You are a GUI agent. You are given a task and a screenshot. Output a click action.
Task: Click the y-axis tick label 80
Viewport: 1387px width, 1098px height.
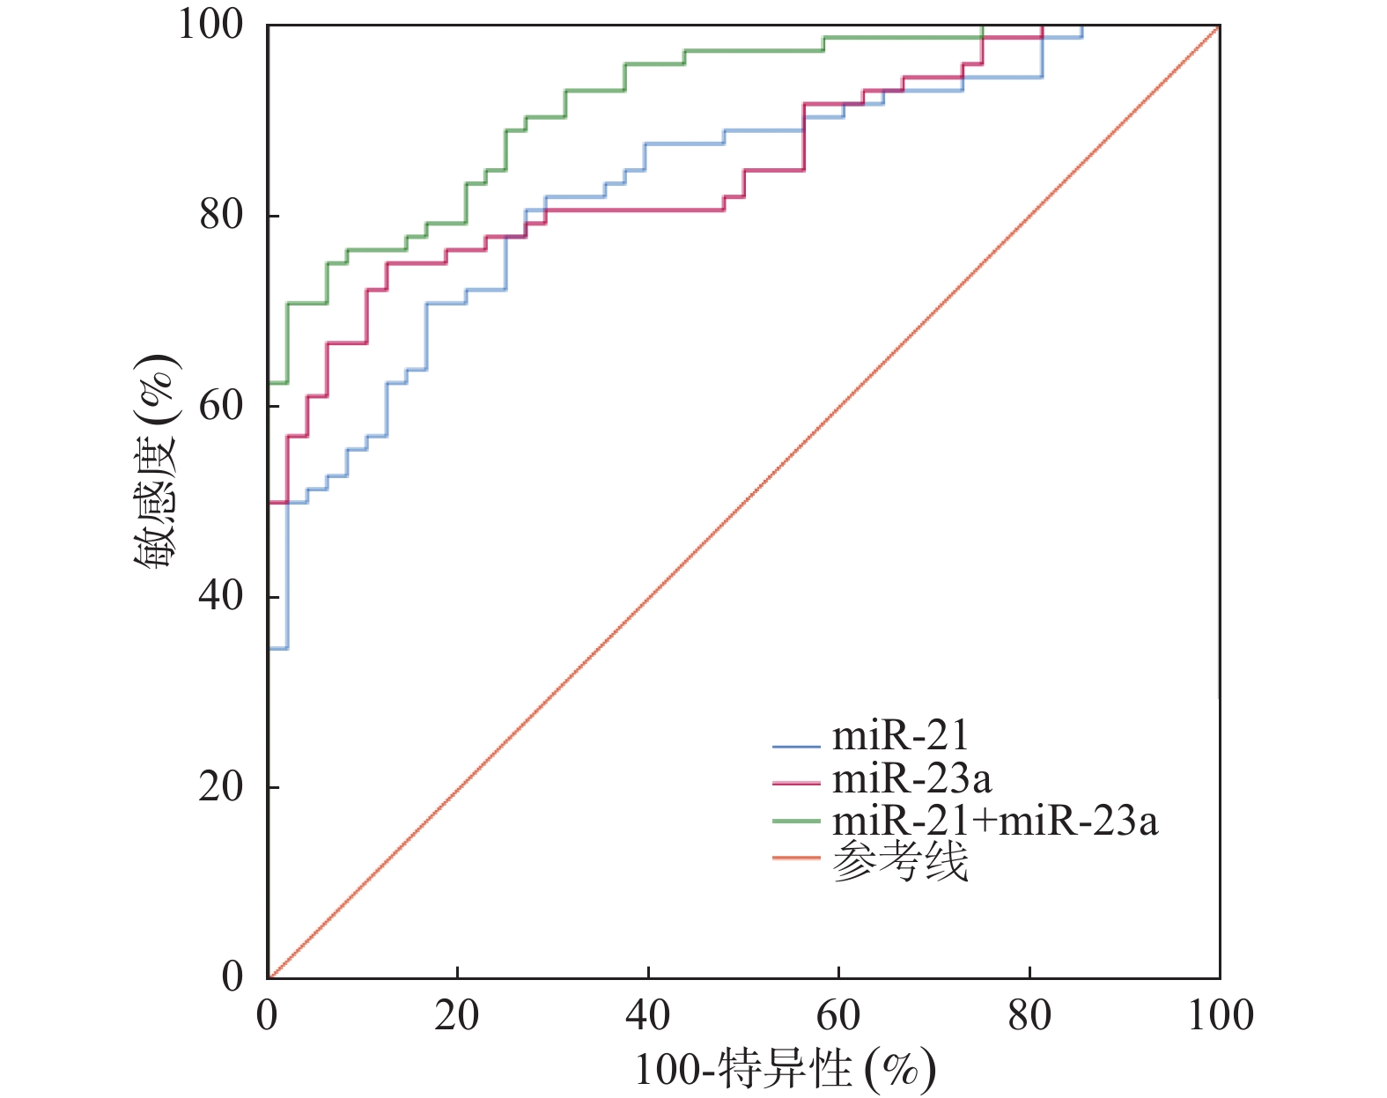click(221, 215)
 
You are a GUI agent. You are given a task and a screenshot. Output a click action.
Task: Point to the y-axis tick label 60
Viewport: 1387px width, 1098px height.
click(221, 406)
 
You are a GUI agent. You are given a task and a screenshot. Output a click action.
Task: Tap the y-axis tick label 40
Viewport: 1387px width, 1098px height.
click(221, 596)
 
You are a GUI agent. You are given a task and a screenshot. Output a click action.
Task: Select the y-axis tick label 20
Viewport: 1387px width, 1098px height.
click(221, 786)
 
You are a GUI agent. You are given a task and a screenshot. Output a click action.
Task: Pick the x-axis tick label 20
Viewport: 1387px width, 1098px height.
click(457, 1016)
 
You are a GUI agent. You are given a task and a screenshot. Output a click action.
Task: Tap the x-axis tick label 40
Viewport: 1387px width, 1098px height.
click(648, 1016)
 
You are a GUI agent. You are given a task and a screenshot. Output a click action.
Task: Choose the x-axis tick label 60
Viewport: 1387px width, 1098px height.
click(838, 1016)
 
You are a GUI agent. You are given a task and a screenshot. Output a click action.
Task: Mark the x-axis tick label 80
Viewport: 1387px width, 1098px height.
click(1029, 1016)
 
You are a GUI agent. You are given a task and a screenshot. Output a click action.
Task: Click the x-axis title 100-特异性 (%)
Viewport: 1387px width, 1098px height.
click(784, 1071)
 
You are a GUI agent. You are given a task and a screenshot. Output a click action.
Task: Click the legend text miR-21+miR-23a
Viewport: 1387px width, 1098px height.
click(995, 821)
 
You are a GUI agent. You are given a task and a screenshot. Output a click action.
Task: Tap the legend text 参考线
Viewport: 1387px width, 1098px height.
click(900, 861)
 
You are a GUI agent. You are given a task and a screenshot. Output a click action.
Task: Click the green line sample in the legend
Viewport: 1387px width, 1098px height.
click(796, 822)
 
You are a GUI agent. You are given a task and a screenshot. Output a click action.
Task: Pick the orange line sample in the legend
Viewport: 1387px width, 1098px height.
click(796, 858)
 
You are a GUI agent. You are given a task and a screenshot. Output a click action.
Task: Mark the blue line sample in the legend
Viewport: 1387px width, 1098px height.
click(796, 747)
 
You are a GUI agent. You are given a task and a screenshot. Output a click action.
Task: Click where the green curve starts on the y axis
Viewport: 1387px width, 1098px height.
click(269, 383)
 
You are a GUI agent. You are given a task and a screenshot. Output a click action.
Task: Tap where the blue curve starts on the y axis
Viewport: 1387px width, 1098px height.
click(269, 649)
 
